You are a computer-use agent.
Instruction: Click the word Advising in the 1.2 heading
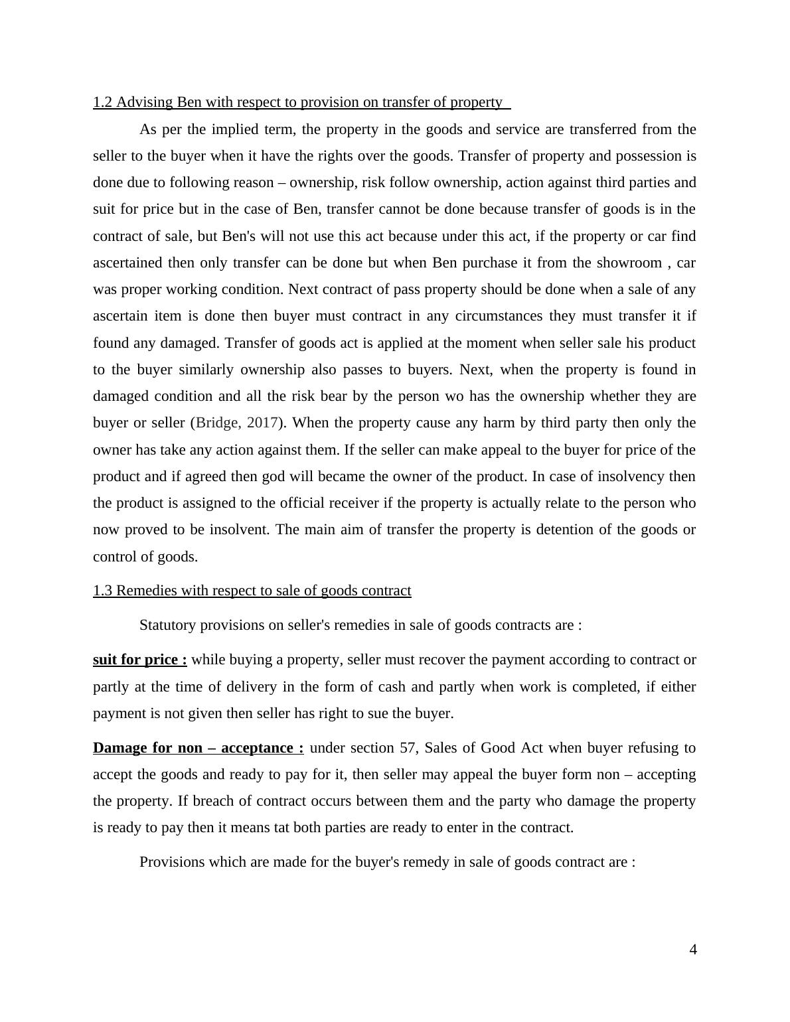pos(143,102)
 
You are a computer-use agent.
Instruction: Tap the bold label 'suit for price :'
pos(140,660)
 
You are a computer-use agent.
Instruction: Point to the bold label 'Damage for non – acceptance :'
pos(198,748)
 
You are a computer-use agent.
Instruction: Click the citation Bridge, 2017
pos(236,423)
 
